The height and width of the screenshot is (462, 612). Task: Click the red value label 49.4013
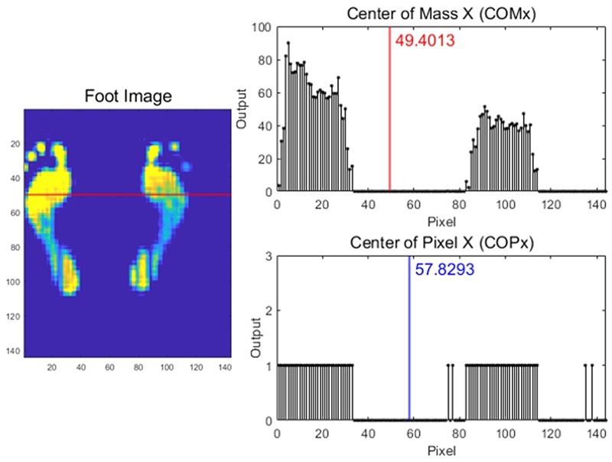(x=425, y=41)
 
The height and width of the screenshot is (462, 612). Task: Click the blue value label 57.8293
(x=445, y=269)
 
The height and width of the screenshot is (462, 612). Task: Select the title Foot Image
(x=128, y=96)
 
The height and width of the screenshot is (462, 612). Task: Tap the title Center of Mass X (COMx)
(x=441, y=12)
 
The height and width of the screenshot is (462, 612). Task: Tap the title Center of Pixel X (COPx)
(x=441, y=244)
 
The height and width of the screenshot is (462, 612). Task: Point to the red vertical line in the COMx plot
(x=390, y=115)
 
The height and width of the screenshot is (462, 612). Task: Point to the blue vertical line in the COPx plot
(x=409, y=344)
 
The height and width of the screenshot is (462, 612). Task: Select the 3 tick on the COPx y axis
(x=267, y=257)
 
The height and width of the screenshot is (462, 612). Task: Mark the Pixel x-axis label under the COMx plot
(x=441, y=222)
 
